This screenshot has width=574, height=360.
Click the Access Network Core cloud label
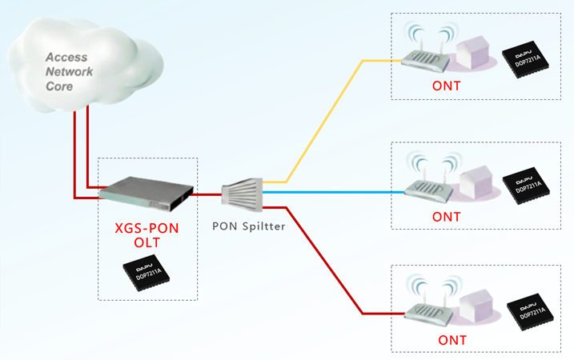pyautogui.click(x=69, y=71)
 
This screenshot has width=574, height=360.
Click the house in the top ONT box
pyautogui.click(x=474, y=57)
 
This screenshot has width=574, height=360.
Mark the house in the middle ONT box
pyautogui.click(x=476, y=185)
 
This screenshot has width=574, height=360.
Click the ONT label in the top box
pyautogui.click(x=446, y=86)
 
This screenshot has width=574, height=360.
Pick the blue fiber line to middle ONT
pyautogui.click(x=336, y=192)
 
